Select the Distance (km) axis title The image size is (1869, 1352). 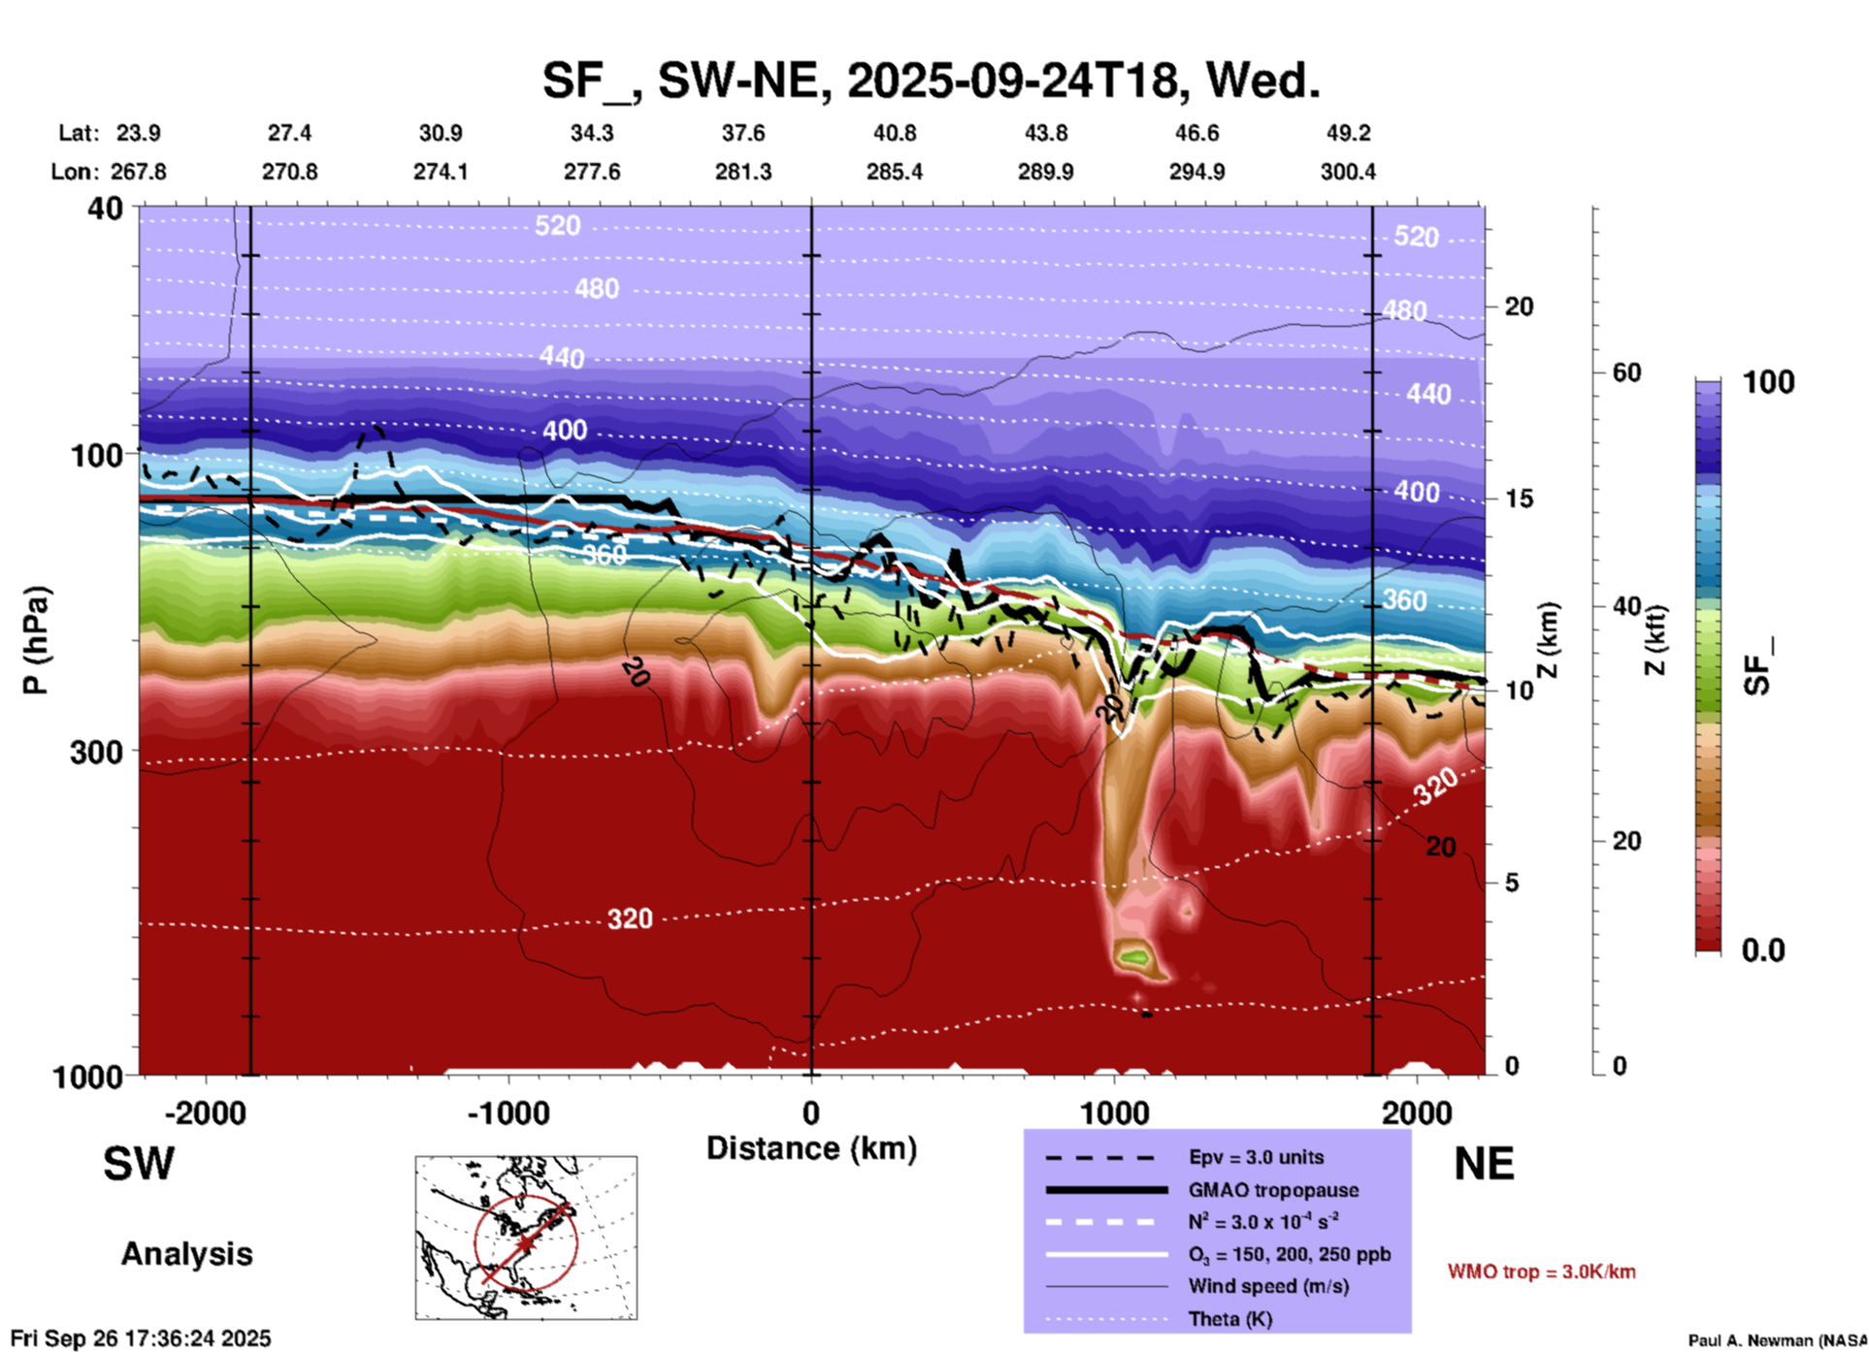click(x=811, y=1148)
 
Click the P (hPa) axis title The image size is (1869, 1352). click(x=36, y=640)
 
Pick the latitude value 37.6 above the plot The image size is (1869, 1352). click(x=743, y=133)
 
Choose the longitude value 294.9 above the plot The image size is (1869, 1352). click(x=1197, y=172)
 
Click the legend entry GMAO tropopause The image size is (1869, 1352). click(x=1273, y=1190)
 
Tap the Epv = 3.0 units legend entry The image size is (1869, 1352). click(x=1256, y=1157)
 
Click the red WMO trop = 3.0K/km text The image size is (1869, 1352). click(x=1541, y=1272)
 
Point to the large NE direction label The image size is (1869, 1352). click(x=1484, y=1164)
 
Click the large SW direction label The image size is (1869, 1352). click(x=139, y=1164)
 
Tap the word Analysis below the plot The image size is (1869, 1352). click(x=186, y=1254)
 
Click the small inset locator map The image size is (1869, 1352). click(x=526, y=1238)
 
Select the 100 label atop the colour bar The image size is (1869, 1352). click(x=1768, y=382)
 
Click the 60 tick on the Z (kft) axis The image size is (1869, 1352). click(x=1626, y=372)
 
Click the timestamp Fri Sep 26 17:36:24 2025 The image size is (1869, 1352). click(x=141, y=1338)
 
